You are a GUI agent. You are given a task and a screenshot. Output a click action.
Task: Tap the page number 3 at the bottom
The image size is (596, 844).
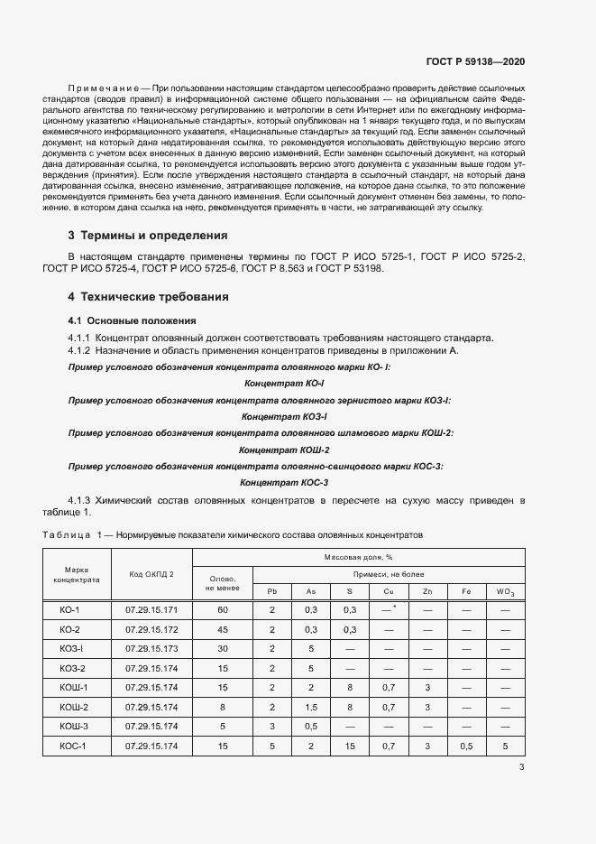click(521, 768)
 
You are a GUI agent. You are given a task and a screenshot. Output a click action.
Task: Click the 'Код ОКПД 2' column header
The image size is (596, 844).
click(151, 574)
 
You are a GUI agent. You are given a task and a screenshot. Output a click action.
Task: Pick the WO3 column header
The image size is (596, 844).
click(505, 591)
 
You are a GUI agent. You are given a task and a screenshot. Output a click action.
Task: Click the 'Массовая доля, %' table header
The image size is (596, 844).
click(357, 558)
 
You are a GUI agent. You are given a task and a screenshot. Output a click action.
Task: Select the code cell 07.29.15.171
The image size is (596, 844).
click(151, 610)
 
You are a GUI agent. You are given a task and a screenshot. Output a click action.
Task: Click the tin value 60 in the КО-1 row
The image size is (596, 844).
click(222, 610)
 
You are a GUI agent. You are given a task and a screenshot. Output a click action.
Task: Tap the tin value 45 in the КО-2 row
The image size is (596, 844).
click(222, 629)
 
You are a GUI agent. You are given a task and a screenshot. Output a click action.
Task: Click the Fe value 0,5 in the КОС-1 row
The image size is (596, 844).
click(466, 746)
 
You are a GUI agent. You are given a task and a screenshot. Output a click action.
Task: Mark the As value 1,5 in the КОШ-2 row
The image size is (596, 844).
click(311, 707)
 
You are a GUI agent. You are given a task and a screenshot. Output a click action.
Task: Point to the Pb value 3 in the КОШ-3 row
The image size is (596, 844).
click(271, 726)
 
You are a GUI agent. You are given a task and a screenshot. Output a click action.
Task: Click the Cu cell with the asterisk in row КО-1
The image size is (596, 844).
click(389, 610)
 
